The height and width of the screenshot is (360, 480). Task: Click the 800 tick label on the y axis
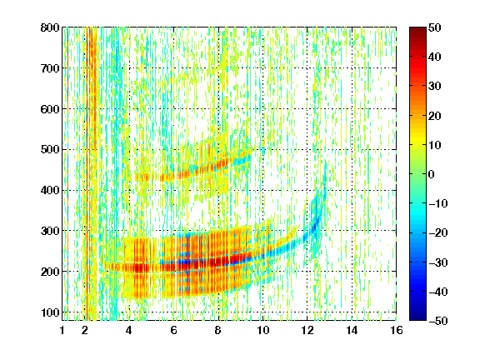50,27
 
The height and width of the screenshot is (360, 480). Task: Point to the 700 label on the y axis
50,68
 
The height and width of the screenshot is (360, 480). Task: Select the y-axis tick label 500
50,150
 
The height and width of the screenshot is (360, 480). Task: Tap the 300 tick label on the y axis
50,231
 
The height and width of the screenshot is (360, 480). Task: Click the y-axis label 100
50,312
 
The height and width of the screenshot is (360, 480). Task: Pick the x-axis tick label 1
62,331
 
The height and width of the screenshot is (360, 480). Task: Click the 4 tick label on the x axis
129,331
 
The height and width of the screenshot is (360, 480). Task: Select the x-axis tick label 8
218,331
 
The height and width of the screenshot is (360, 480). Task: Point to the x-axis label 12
307,331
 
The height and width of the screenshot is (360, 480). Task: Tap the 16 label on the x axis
397,331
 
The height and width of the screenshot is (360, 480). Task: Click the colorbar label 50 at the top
435,27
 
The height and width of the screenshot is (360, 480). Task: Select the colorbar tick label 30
435,87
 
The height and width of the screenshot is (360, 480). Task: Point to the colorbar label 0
432,174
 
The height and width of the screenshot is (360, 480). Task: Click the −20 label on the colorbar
438,233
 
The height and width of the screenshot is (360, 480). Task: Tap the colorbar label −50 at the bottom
438,321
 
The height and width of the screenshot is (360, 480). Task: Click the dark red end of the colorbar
417,30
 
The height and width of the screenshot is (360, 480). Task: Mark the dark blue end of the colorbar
417,317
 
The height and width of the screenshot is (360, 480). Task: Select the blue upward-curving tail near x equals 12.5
315,214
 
